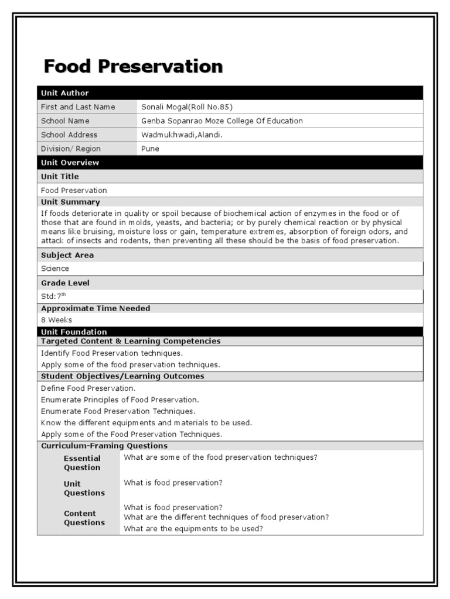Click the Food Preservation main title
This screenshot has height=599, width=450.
133,67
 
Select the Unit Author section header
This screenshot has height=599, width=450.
65,93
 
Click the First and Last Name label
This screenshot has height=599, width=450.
78,107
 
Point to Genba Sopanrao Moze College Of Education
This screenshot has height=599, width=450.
222,121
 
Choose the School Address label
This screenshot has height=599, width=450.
69,135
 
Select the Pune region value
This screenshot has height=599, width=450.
151,149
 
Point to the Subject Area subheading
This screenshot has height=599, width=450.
67,255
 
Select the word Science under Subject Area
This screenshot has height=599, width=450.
55,269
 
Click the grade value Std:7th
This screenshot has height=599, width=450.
54,296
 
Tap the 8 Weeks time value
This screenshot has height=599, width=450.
57,320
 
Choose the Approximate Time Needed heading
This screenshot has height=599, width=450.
96,308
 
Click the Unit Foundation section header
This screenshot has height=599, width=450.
74,332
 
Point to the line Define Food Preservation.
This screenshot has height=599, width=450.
88,388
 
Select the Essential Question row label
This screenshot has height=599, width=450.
82,463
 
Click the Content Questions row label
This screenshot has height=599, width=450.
84,518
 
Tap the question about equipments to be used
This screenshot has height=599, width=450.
193,529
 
